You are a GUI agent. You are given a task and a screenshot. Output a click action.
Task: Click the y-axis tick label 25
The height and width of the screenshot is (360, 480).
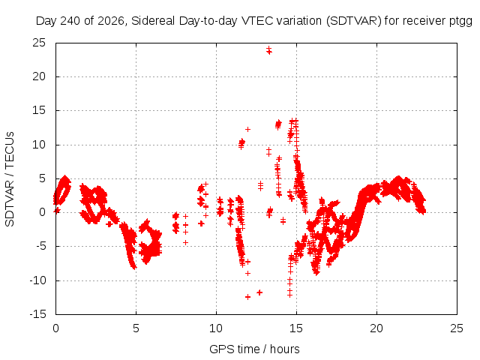39,43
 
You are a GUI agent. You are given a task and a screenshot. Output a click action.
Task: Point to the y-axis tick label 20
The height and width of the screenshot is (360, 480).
39,76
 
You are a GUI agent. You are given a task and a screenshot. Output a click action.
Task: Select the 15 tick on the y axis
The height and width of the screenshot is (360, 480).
39,110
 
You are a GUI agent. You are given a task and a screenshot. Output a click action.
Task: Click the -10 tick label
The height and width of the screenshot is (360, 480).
37,280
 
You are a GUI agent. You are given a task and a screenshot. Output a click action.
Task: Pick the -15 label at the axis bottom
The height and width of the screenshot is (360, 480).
37,314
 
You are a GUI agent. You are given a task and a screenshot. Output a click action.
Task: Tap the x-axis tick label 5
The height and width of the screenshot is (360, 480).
136,328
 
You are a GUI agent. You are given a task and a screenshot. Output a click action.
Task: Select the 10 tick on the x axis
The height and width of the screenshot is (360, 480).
216,328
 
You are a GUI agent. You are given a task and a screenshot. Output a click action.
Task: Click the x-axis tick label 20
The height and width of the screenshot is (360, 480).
376,328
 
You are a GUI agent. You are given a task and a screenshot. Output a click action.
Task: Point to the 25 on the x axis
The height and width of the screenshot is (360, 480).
457,328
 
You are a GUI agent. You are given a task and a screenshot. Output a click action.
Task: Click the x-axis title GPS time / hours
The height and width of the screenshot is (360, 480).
254,349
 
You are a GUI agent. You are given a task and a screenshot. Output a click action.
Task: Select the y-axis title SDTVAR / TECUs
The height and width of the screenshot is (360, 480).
10,179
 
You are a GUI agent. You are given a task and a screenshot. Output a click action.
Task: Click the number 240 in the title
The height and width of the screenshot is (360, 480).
70,21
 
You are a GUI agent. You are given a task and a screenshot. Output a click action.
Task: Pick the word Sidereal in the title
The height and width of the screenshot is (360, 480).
153,21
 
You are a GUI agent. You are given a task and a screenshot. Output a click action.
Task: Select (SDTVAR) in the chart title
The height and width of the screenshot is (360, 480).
353,21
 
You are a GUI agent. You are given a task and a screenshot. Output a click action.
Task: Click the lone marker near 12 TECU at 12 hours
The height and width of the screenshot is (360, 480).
247,130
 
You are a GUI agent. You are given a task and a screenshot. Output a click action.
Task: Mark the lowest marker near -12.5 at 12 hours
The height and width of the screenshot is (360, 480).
247,297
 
